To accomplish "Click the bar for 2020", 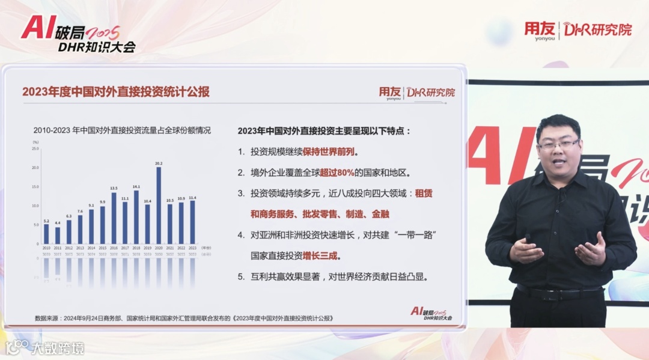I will point(159,205).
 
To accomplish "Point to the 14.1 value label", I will point(136,186).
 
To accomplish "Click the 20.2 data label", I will point(159,163).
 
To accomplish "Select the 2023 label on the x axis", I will point(192,248).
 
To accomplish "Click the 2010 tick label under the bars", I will point(46,248).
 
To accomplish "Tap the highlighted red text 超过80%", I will point(337,172).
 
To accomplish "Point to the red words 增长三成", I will point(321,255).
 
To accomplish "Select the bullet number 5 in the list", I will point(241,277).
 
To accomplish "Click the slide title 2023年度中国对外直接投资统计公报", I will point(116,92).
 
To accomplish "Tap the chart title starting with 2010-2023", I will point(122,130).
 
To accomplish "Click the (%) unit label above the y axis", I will point(35,141).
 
